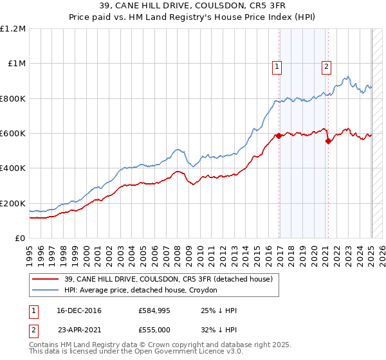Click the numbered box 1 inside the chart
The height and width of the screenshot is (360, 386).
pos(277,66)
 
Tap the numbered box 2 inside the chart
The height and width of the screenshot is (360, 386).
pos(326,66)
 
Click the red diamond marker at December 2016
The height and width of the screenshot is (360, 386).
pos(279,136)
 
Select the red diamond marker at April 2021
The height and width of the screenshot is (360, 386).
pos(329,141)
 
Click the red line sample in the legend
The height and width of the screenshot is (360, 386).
pos(46,279)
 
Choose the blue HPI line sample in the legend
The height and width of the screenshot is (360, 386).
pos(46,291)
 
